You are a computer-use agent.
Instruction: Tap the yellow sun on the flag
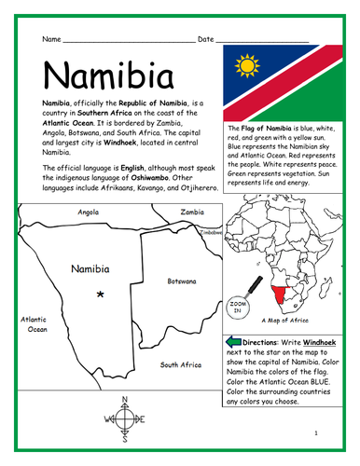coord(247,67)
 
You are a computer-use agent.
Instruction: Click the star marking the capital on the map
coord(100,295)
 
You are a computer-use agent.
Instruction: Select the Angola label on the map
coord(89,212)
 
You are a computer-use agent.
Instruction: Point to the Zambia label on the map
coord(192,212)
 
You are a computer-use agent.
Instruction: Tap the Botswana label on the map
coord(181,280)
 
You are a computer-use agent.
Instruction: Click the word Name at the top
coord(53,40)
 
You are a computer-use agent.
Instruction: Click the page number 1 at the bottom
coord(317,433)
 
